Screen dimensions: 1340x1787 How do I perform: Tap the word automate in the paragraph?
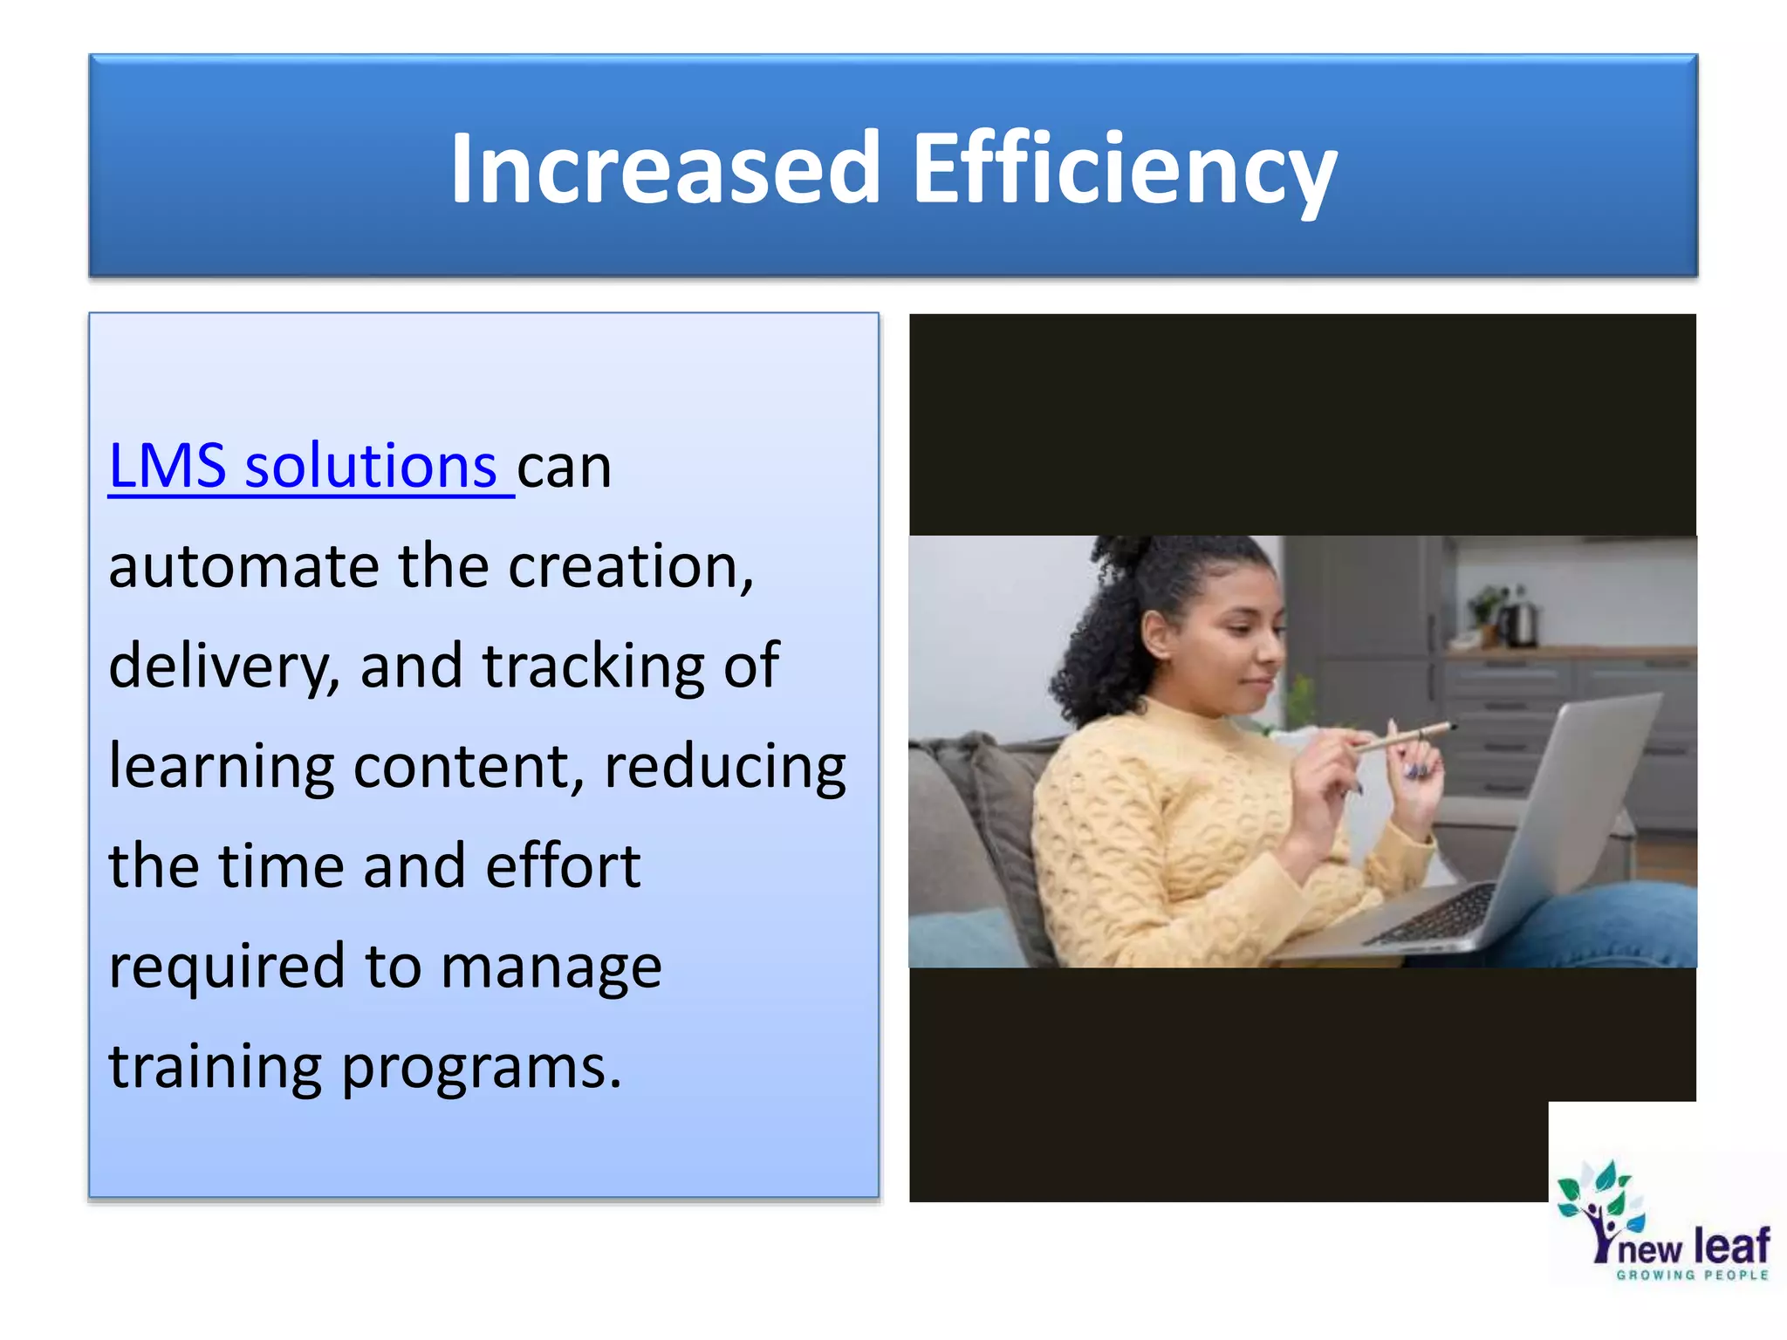point(243,567)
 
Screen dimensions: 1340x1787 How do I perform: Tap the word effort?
point(563,866)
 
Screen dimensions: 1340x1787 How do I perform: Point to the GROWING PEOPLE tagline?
point(1692,1275)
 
